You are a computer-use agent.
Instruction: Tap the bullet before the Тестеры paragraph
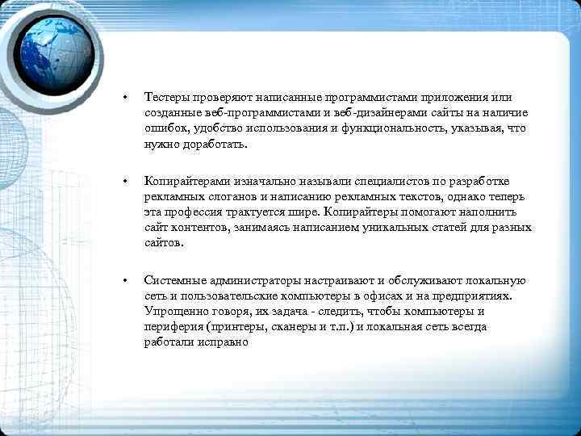click(x=125, y=99)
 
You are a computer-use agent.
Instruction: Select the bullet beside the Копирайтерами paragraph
click(x=125, y=182)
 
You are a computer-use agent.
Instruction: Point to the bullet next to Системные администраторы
click(x=125, y=281)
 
